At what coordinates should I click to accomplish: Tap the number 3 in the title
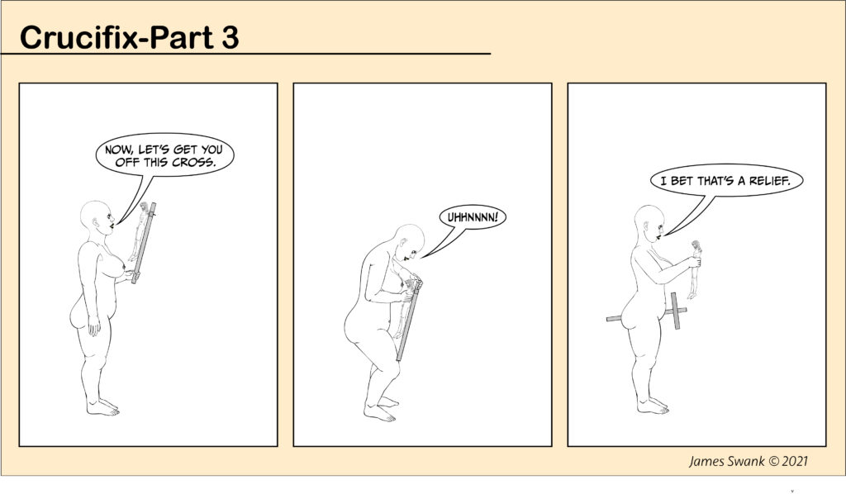230,38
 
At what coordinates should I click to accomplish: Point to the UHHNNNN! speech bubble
473,218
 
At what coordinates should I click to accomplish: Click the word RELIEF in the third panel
769,181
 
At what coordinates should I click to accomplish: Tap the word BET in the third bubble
682,181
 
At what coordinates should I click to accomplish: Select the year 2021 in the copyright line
795,461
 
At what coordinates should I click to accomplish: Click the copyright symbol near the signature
773,462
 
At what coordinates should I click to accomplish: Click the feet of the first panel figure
102,408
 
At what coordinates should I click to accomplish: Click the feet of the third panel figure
653,406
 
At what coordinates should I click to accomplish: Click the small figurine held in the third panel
694,269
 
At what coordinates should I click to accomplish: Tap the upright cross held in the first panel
144,243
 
